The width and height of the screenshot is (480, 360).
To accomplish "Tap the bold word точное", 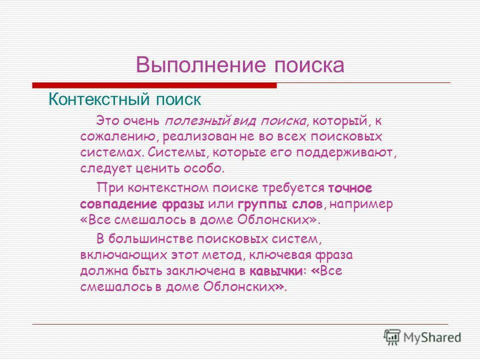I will tap(350, 188).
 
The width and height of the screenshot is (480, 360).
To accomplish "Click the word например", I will tap(354, 204).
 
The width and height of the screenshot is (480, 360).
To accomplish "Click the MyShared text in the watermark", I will tap(432, 337).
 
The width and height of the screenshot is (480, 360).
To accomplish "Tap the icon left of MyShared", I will tap(392, 337).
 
